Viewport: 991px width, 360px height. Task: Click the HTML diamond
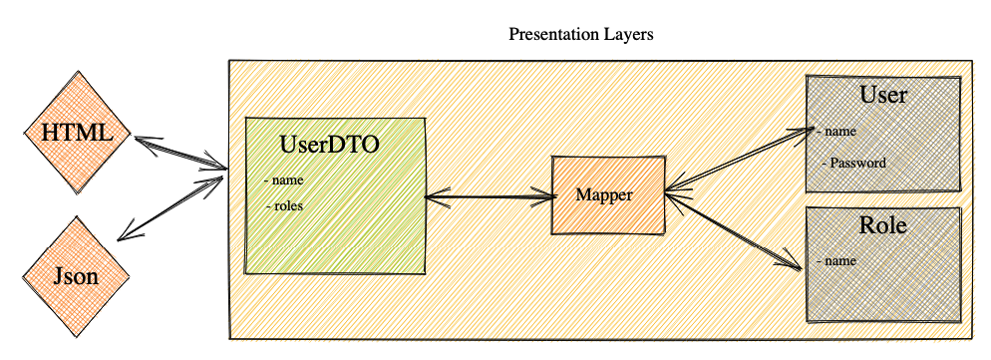tap(77, 133)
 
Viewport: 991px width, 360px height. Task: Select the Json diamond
tap(77, 276)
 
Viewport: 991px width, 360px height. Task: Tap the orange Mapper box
tap(608, 195)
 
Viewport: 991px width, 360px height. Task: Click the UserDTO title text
tap(329, 145)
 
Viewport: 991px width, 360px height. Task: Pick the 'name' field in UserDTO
tap(284, 180)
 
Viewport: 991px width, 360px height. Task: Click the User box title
tap(883, 95)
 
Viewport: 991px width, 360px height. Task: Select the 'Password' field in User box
tap(854, 163)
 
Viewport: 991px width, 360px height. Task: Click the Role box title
tap(883, 225)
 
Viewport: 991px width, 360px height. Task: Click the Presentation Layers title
tap(581, 34)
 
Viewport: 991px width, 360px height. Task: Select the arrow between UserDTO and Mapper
tap(489, 196)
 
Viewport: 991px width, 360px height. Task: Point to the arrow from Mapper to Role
tap(733, 232)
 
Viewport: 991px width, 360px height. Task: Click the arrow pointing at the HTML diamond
tap(178, 153)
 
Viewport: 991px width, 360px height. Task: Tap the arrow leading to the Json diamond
tap(170, 208)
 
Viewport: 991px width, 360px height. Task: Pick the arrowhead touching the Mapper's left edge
tap(544, 196)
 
